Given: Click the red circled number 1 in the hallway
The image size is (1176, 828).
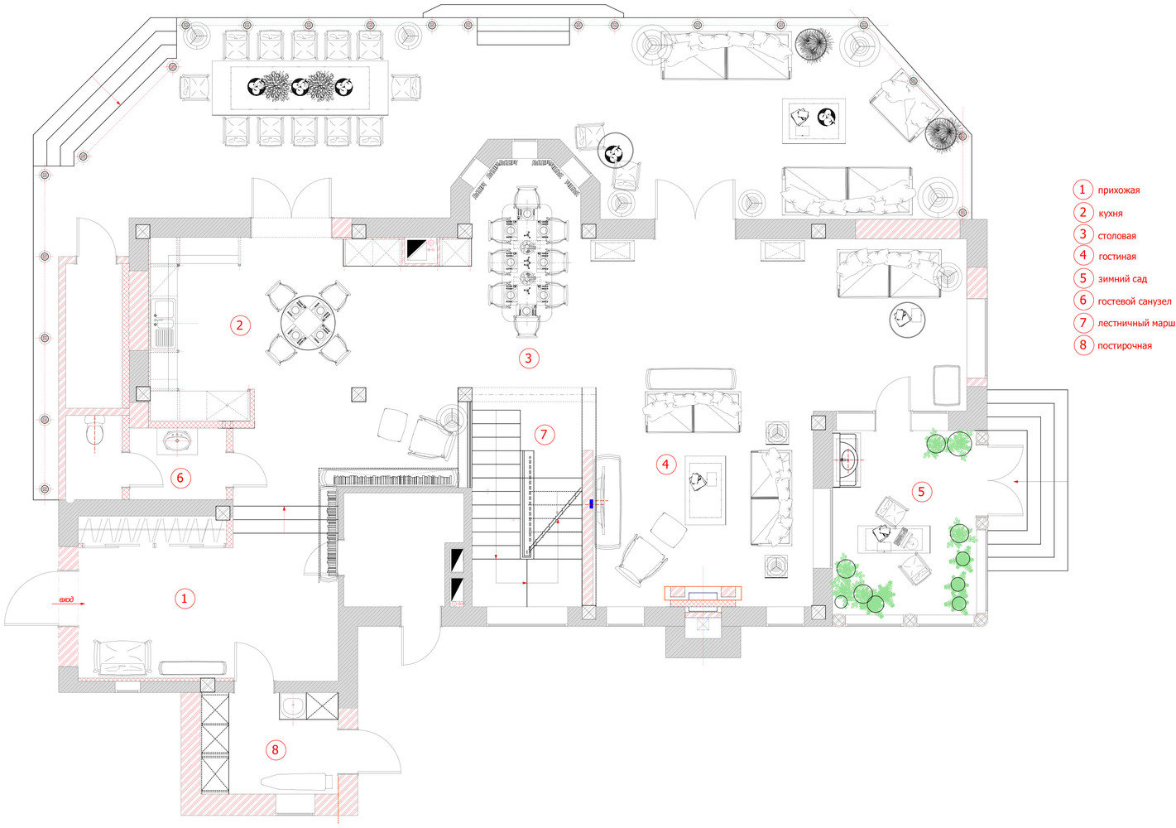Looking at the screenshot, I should (184, 598).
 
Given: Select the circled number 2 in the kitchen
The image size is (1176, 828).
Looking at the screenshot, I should (239, 325).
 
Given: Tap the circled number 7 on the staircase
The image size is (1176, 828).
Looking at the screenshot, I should (543, 435).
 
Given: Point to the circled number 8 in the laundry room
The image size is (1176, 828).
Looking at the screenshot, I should (276, 750).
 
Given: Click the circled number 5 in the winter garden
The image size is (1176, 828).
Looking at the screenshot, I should (920, 492).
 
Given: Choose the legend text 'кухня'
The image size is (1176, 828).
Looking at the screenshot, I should (1110, 214).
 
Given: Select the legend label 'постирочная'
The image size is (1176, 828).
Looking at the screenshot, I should (1124, 346).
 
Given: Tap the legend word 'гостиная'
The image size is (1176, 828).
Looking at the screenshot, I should (1116, 257).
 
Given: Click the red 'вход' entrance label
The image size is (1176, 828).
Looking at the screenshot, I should (66, 600).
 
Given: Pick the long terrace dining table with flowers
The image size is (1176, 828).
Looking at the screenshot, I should (301, 87).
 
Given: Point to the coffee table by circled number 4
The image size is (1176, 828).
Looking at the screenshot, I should (704, 489).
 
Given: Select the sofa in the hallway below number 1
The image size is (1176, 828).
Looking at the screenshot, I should (122, 657).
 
